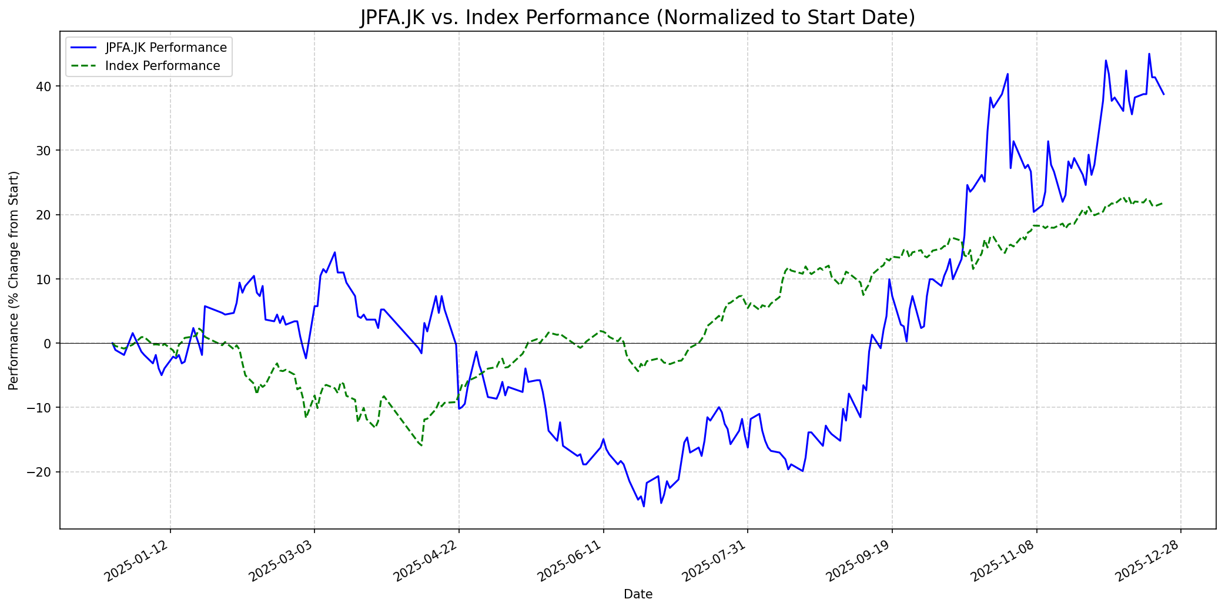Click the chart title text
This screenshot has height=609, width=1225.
click(638, 18)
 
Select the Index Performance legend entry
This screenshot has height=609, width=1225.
click(162, 66)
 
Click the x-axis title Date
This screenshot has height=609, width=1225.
click(638, 594)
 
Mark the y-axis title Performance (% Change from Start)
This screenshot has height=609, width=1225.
click(14, 280)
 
